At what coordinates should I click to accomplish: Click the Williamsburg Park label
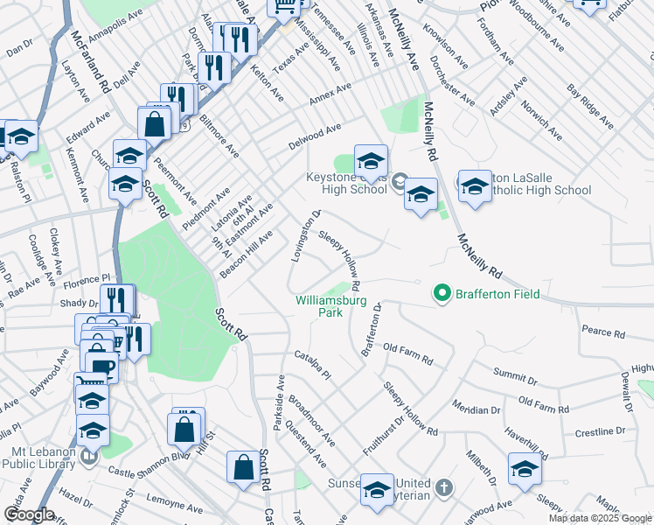pyautogui.click(x=329, y=305)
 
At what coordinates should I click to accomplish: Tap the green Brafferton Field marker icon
pyautogui.click(x=442, y=294)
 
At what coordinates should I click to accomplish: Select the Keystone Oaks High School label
pyautogui.click(x=347, y=183)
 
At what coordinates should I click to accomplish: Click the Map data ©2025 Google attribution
pyautogui.click(x=600, y=518)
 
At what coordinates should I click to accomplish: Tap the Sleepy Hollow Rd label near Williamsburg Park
pyautogui.click(x=340, y=262)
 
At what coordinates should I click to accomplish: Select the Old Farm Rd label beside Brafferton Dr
pyautogui.click(x=408, y=354)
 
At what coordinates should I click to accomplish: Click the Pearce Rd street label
pyautogui.click(x=603, y=333)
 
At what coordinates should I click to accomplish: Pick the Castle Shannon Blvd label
pyautogui.click(x=149, y=464)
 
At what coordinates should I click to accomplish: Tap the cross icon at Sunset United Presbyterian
pyautogui.click(x=443, y=486)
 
